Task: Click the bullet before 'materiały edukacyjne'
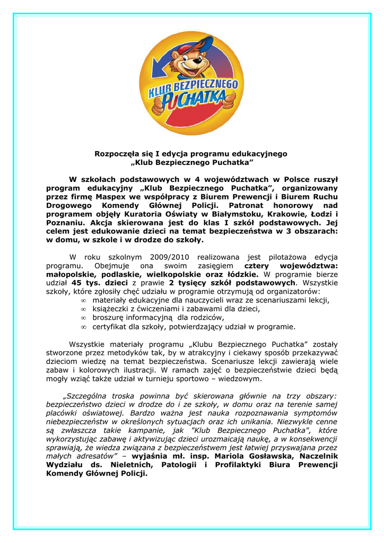point(83,301)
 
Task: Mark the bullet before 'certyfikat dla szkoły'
point(83,327)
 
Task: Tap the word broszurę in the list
point(109,318)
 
